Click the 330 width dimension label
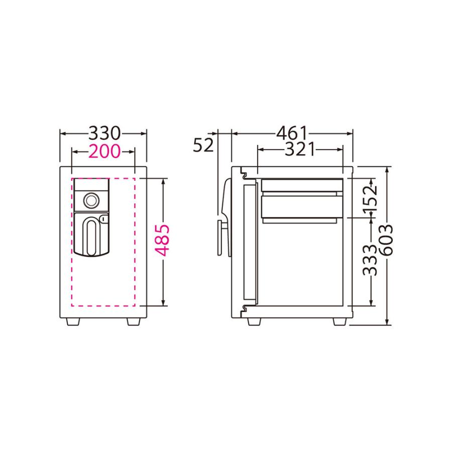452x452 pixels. [104, 134]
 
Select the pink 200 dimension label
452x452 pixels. [104, 150]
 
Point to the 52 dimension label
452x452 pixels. [203, 145]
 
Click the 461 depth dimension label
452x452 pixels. [291, 134]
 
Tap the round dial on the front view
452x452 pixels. [91, 200]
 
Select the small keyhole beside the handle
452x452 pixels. [104, 219]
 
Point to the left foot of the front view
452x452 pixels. [73, 321]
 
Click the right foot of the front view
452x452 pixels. [134, 321]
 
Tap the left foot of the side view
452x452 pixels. [254, 321]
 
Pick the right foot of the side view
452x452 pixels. [340, 321]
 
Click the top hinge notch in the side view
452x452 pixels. [244, 176]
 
